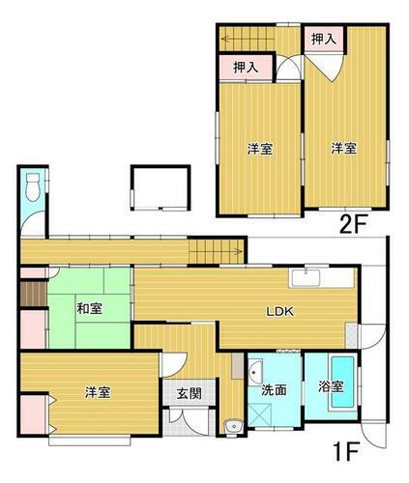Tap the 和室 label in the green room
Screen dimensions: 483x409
[x=90, y=309]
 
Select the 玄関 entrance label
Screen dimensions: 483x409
[x=189, y=393]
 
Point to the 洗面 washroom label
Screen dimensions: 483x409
[x=273, y=390]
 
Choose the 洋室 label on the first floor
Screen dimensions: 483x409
[x=96, y=392]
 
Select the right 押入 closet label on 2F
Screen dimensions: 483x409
[x=323, y=39]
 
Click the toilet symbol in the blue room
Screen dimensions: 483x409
[x=33, y=185]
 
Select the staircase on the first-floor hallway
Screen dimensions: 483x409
[x=214, y=251]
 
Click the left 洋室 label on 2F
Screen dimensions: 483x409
[x=258, y=149]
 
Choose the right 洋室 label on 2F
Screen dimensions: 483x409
[x=343, y=148]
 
